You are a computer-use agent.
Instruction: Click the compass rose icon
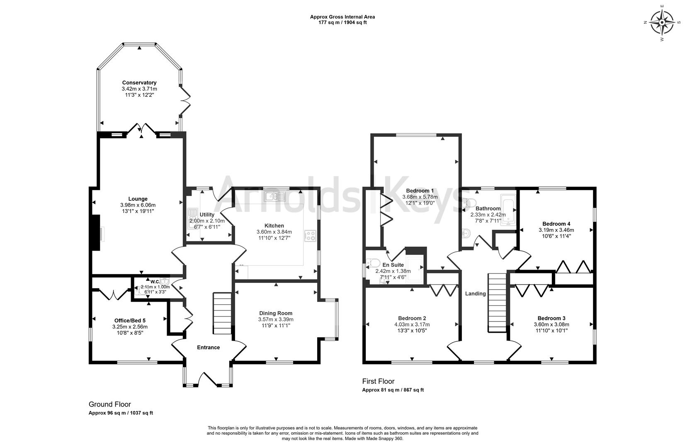(x=662, y=22)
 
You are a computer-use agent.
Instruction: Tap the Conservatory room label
(x=139, y=83)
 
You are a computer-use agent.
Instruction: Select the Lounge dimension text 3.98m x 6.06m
(x=138, y=205)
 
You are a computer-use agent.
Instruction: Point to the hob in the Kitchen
(x=310, y=236)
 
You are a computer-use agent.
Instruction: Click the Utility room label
(x=207, y=214)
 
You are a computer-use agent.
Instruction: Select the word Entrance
(x=208, y=348)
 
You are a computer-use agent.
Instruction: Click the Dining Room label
(x=276, y=313)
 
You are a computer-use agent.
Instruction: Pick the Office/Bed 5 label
(x=130, y=320)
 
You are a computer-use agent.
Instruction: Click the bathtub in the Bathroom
(x=508, y=209)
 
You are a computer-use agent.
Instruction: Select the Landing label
(x=475, y=294)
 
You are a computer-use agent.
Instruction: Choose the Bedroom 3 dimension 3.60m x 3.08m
(x=551, y=324)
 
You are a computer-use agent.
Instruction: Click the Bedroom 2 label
(x=412, y=318)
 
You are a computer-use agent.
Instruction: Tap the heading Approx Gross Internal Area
(x=342, y=17)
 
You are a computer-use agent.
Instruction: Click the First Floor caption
(x=378, y=381)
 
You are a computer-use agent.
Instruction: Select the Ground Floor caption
(x=109, y=404)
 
